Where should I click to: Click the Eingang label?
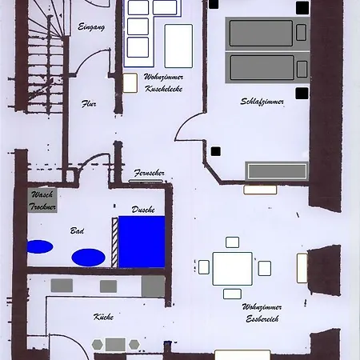(x=91, y=27)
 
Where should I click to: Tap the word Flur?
(x=89, y=103)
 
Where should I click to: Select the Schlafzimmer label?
(x=262, y=102)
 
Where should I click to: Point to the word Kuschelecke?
(x=164, y=89)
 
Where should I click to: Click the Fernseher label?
(x=150, y=173)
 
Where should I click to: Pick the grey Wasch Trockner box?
(x=42, y=200)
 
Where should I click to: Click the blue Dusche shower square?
(x=142, y=242)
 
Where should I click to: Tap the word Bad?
(x=77, y=230)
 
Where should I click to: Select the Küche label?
(x=103, y=317)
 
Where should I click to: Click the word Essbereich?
(x=262, y=318)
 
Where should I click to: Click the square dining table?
(x=232, y=269)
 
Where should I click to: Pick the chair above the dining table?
(x=232, y=242)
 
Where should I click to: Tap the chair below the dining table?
(x=232, y=294)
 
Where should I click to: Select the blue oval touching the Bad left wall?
(x=40, y=246)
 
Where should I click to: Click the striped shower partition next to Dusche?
(x=114, y=242)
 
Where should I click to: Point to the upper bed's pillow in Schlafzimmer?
(x=301, y=33)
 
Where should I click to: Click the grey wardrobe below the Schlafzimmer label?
(x=277, y=171)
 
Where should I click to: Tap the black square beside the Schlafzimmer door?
(x=216, y=151)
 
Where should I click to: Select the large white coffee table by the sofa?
(x=178, y=46)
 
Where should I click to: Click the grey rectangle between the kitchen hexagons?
(x=115, y=345)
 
